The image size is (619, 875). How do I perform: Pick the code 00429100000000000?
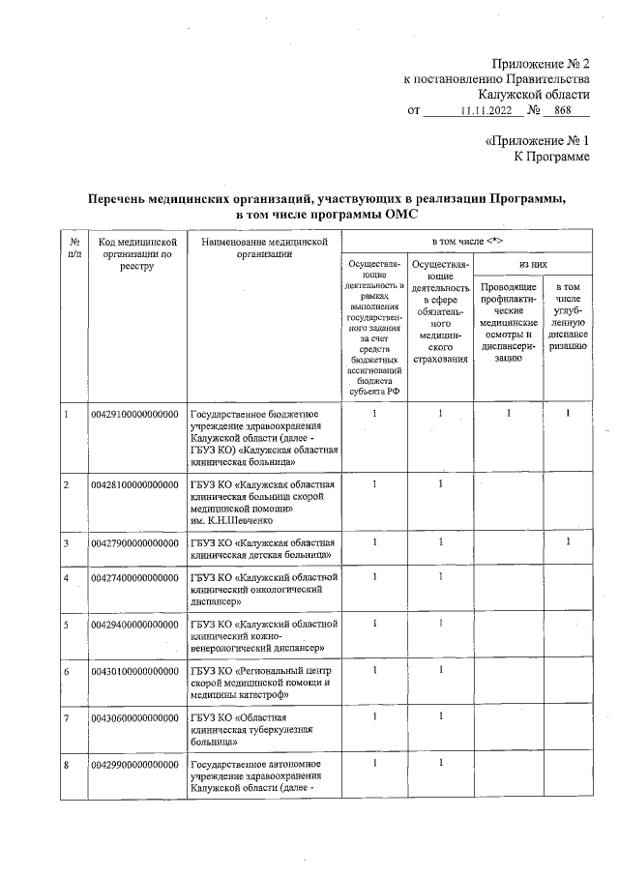click(136, 415)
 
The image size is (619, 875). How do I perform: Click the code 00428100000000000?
click(136, 483)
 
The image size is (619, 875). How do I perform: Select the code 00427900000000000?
click(136, 543)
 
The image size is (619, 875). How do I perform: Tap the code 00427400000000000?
click(136, 578)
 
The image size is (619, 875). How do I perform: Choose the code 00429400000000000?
click(136, 625)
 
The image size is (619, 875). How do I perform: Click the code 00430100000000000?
click(136, 670)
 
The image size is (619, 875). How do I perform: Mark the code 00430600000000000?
click(136, 717)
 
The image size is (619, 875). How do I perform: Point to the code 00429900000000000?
click(136, 765)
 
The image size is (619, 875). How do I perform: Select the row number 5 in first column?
click(66, 625)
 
